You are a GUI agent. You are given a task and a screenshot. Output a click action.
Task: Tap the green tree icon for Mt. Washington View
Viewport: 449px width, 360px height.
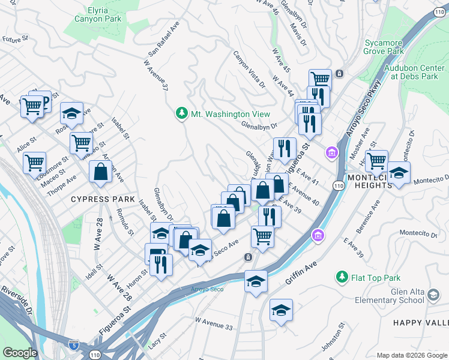click(x=182, y=113)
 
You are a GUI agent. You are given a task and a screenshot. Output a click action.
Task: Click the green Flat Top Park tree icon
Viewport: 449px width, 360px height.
click(x=342, y=277)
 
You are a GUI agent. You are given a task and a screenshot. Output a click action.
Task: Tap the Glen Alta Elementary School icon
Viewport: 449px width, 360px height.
click(x=433, y=295)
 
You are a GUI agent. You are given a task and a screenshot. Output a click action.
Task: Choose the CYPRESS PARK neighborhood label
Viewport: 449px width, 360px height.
click(x=98, y=199)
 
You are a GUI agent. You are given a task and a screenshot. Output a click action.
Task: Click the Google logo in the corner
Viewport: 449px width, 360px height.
click(x=20, y=352)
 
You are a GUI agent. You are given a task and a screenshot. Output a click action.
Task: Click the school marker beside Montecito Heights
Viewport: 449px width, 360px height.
click(x=399, y=173)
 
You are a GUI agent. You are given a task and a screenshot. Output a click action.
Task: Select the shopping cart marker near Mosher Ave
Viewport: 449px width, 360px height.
click(x=376, y=160)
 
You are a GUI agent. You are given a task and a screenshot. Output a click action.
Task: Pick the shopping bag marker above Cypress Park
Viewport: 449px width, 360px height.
click(x=100, y=172)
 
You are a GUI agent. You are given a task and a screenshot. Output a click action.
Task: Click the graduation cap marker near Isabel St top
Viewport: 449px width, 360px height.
click(x=71, y=113)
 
